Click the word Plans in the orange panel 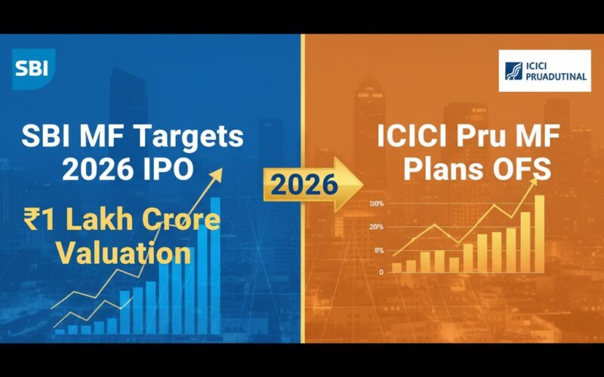(x=438, y=170)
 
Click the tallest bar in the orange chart (x=539, y=233)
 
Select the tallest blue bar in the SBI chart (x=215, y=264)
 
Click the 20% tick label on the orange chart (x=377, y=226)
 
